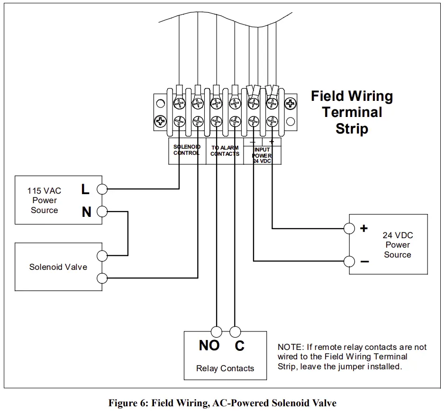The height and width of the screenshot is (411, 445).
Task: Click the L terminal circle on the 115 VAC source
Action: click(x=101, y=189)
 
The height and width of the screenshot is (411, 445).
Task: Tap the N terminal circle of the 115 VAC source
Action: click(x=101, y=212)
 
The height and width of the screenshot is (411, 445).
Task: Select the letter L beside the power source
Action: click(x=85, y=189)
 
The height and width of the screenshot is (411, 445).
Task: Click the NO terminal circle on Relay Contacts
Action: click(x=217, y=331)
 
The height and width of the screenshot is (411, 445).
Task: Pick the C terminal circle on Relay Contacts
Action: click(x=235, y=331)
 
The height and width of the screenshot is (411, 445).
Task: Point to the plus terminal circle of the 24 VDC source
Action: click(x=349, y=228)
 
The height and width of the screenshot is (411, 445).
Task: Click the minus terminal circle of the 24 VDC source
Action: click(x=349, y=261)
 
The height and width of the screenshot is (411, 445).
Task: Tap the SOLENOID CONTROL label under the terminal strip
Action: click(x=187, y=150)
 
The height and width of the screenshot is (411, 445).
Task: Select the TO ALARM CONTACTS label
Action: click(x=225, y=151)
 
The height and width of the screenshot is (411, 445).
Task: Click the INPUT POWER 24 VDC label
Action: click(x=262, y=155)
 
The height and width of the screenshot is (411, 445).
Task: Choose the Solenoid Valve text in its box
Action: click(x=58, y=267)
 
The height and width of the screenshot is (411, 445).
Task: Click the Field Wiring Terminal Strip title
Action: click(x=352, y=112)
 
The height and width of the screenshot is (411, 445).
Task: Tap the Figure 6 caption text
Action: click(x=222, y=403)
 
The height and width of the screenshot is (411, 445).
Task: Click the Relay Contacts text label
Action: click(x=225, y=368)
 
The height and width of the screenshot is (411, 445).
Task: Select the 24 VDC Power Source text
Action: click(x=397, y=245)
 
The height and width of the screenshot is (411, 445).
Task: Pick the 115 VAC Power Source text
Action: click(x=45, y=201)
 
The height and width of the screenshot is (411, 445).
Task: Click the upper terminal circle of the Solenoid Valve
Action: click(x=101, y=256)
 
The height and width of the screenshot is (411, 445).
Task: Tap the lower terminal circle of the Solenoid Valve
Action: click(x=101, y=278)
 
